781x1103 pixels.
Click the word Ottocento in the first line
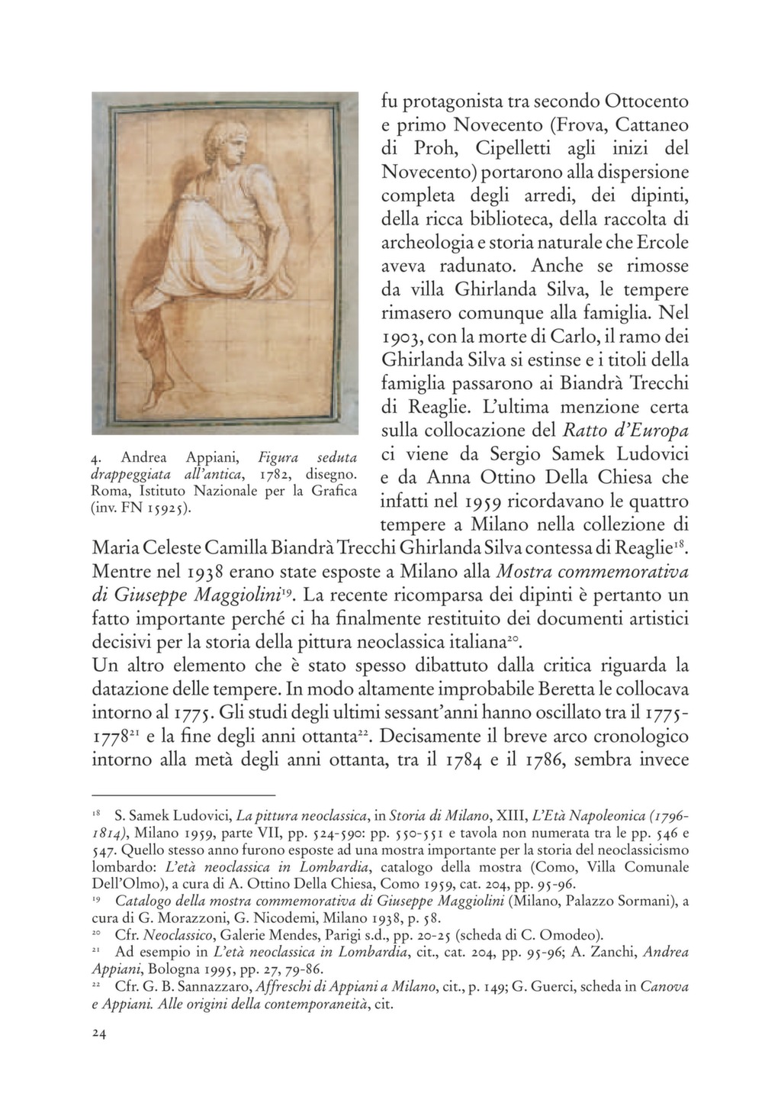click(647, 101)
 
